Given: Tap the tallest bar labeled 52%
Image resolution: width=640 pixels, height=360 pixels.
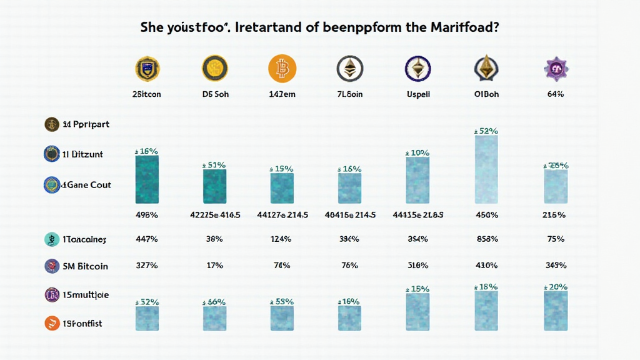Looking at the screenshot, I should pos(486,169).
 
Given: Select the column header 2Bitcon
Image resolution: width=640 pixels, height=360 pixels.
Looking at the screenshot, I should pos(147,94).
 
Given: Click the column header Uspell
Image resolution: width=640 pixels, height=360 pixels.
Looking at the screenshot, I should pos(417,94).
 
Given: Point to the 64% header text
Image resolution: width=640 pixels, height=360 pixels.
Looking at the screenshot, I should pos(555,94).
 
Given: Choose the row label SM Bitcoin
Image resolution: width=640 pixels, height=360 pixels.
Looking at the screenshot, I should pos(85,266).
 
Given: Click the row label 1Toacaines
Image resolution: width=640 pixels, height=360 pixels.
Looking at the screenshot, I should pos(84,239).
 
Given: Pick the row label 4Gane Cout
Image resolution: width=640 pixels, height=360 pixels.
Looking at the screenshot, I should pos(86,185).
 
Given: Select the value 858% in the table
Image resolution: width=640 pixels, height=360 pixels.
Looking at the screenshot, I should pos(486,239).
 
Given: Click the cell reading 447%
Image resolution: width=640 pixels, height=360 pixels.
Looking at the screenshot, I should pos(147,239).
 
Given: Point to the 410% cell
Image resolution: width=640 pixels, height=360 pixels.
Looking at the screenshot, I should pos(486,266).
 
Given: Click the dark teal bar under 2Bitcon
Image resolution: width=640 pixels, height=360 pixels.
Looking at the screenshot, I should pos(147,179).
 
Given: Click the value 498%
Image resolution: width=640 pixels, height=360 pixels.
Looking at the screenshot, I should pos(147,215).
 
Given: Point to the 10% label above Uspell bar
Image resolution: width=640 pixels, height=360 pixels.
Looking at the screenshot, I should pos(417,152).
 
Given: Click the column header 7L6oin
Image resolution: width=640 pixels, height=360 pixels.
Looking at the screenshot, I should pos(349,94).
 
